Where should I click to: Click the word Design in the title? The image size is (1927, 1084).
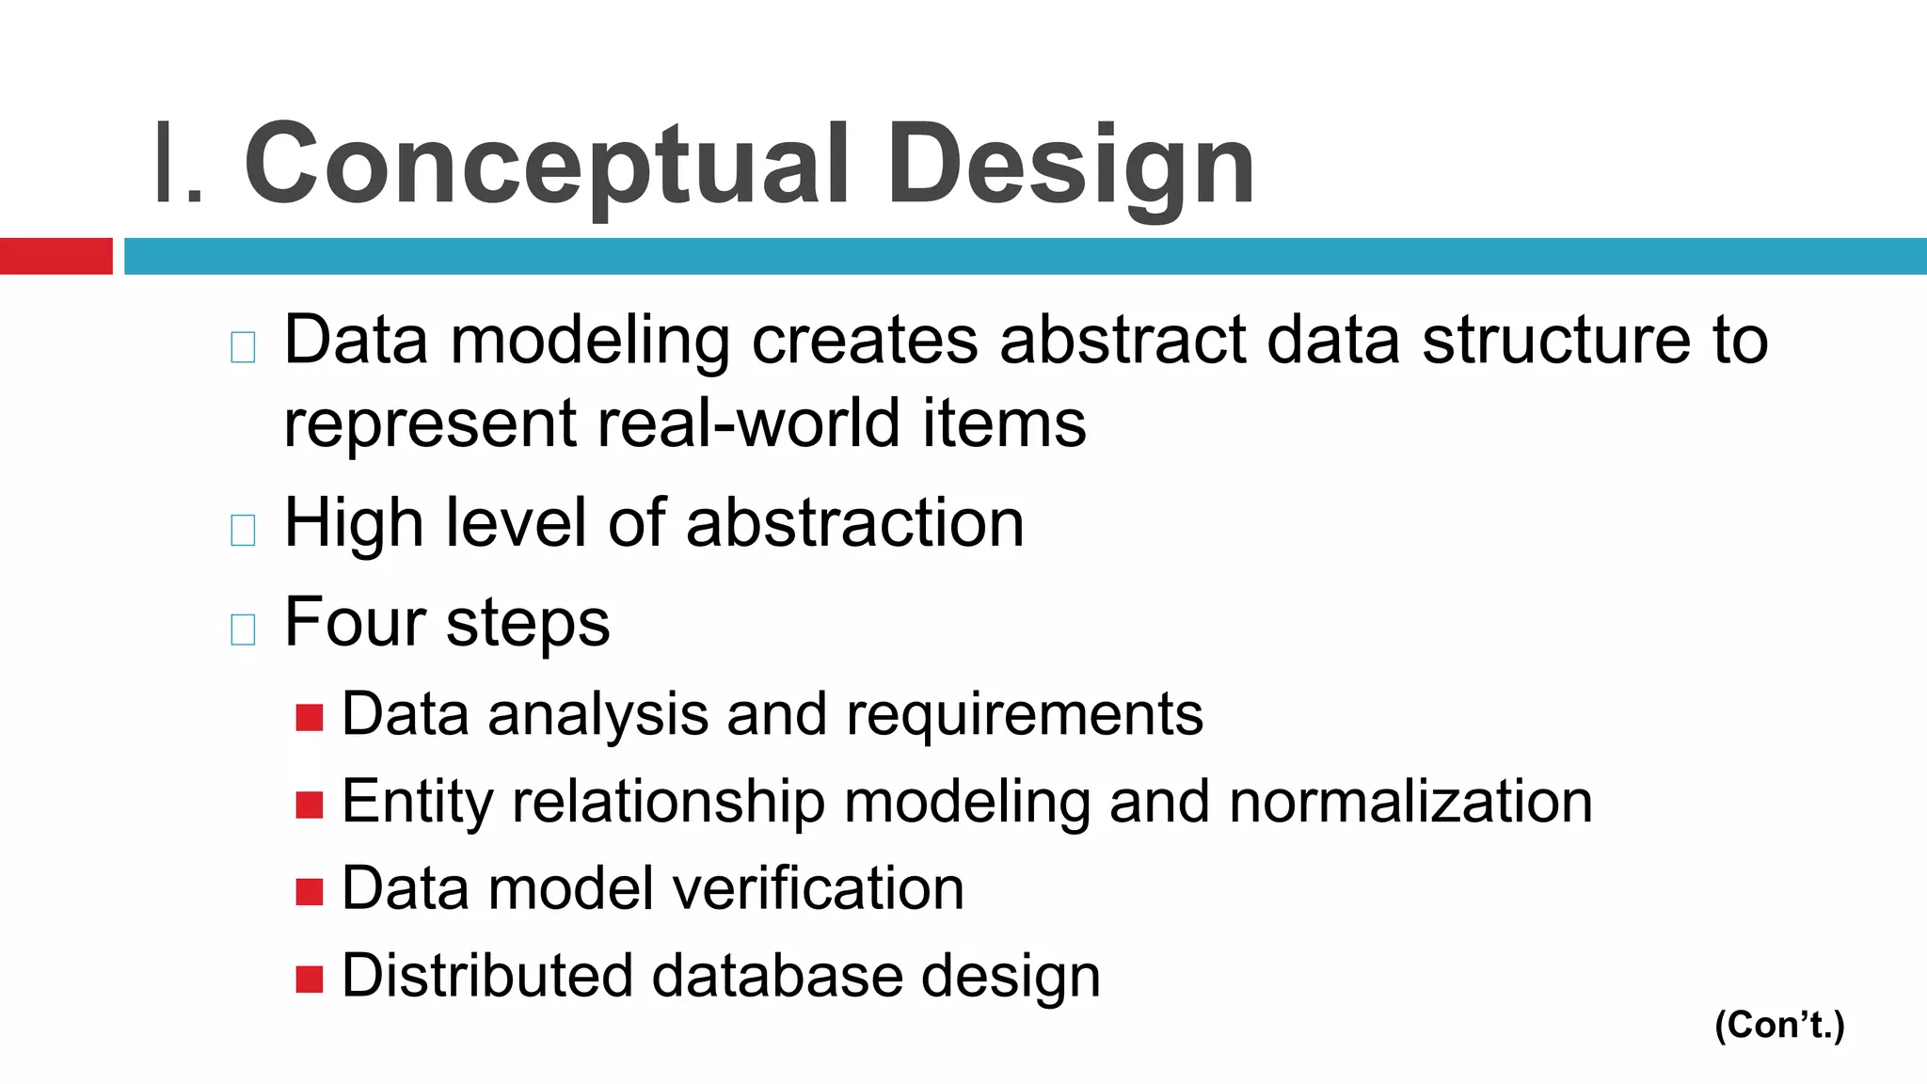pyautogui.click(x=1071, y=165)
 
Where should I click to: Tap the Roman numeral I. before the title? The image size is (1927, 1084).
pyautogui.click(x=178, y=165)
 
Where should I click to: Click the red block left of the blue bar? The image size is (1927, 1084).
pyautogui.click(x=56, y=256)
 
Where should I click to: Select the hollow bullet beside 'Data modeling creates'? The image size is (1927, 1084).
pyautogui.click(x=243, y=347)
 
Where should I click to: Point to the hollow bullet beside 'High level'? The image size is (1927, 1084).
pyautogui.click(x=243, y=530)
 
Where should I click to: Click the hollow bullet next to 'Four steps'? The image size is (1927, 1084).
pyautogui.click(x=243, y=629)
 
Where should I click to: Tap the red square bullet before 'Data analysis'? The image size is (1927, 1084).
pyautogui.click(x=309, y=718)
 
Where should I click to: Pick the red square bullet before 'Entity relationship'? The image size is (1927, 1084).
pyautogui.click(x=309, y=805)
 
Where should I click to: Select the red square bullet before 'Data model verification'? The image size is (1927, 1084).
pyautogui.click(x=309, y=891)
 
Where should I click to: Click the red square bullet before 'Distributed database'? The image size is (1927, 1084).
pyautogui.click(x=309, y=979)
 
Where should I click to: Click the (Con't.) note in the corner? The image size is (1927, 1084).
pyautogui.click(x=1779, y=1025)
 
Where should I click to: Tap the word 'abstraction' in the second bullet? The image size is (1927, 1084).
pyautogui.click(x=854, y=523)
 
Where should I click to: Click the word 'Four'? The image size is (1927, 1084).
pyautogui.click(x=355, y=622)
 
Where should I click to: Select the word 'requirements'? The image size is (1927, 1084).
pyautogui.click(x=1024, y=715)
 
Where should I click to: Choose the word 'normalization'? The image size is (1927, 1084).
pyautogui.click(x=1410, y=802)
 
